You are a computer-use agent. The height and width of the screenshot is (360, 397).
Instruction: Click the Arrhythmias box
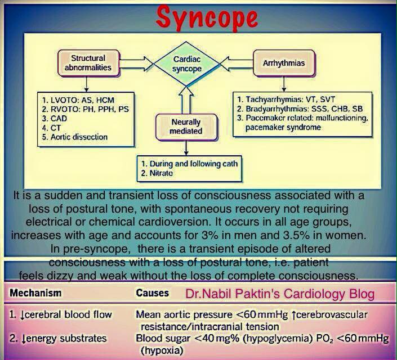click(284, 63)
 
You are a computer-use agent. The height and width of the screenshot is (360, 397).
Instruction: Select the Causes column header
click(152, 293)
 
